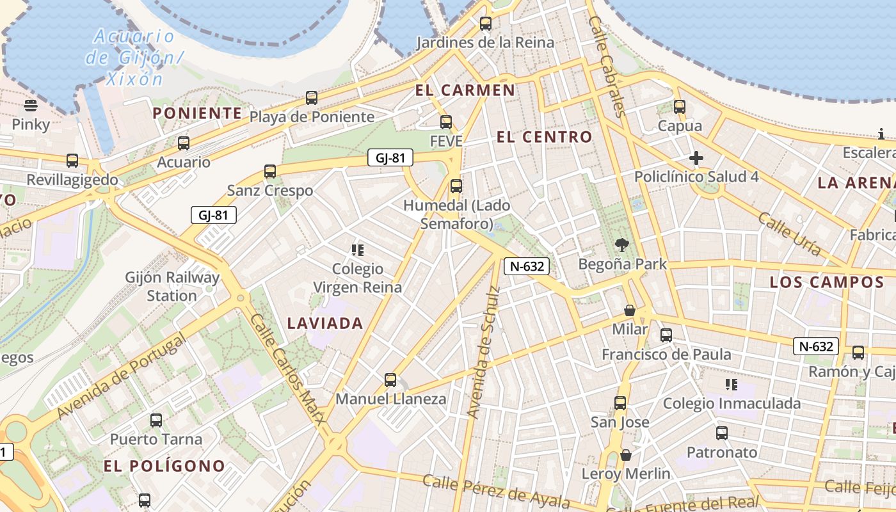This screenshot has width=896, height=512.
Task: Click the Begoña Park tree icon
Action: tap(621, 244)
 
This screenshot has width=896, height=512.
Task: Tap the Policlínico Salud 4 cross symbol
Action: tap(696, 157)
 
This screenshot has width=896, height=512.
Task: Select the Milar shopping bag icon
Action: tap(630, 310)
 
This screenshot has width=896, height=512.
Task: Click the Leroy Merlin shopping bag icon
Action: tap(626, 455)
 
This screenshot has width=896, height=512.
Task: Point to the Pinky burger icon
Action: tap(30, 105)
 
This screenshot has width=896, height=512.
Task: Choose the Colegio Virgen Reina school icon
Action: tap(357, 250)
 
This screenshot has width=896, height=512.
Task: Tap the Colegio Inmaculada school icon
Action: tap(732, 384)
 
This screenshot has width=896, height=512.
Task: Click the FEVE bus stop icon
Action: tap(446, 122)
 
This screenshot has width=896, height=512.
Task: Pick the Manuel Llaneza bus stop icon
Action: tap(390, 380)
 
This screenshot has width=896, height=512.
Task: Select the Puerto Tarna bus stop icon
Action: tap(156, 420)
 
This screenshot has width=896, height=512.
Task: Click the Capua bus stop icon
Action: tap(680, 107)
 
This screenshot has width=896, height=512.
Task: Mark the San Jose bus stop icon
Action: tap(620, 403)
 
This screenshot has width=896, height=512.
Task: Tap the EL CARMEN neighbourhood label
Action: tap(465, 90)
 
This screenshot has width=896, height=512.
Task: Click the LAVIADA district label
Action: tap(325, 323)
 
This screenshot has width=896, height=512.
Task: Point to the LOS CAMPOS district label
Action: tap(826, 282)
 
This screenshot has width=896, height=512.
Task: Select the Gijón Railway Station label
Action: tap(172, 287)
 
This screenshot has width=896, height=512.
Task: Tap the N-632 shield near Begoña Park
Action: tap(527, 266)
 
